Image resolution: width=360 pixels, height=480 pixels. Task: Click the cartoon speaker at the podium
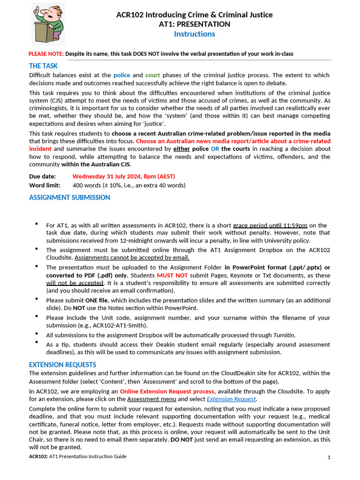pyautogui.click(x=48, y=23)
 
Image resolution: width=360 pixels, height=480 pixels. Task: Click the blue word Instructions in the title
pyautogui.click(x=194, y=34)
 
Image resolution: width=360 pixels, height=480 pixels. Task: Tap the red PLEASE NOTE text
pyautogui.click(x=46, y=54)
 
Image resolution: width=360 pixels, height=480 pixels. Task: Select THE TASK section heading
pyautogui.click(x=44, y=66)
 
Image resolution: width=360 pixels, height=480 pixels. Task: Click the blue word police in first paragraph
pyautogui.click(x=122, y=75)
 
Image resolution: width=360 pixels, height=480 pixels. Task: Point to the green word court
pyautogui.click(x=152, y=75)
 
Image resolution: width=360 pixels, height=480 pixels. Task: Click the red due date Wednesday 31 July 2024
pyautogui.click(x=123, y=176)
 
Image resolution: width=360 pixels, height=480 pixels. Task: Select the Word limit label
pyautogui.click(x=45, y=185)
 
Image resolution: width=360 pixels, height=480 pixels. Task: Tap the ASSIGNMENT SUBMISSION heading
pyautogui.click(x=69, y=197)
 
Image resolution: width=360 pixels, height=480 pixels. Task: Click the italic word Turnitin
pyautogui.click(x=284, y=335)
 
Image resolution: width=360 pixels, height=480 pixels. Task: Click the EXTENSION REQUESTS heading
pyautogui.click(x=62, y=365)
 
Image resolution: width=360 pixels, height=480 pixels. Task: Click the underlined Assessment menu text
pyautogui.click(x=151, y=399)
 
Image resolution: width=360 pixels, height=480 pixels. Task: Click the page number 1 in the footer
pyautogui.click(x=329, y=457)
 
